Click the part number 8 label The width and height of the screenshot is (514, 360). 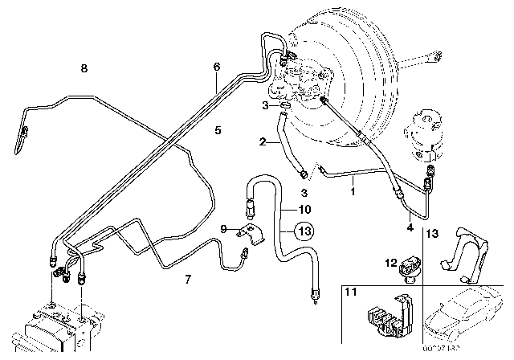84,69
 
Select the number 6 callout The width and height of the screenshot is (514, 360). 216,67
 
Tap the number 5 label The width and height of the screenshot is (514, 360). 218,129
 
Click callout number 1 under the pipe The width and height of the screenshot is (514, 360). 351,193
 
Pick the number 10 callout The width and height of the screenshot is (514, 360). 304,210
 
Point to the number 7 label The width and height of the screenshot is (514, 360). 188,280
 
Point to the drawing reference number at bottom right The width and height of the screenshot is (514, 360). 483,351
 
